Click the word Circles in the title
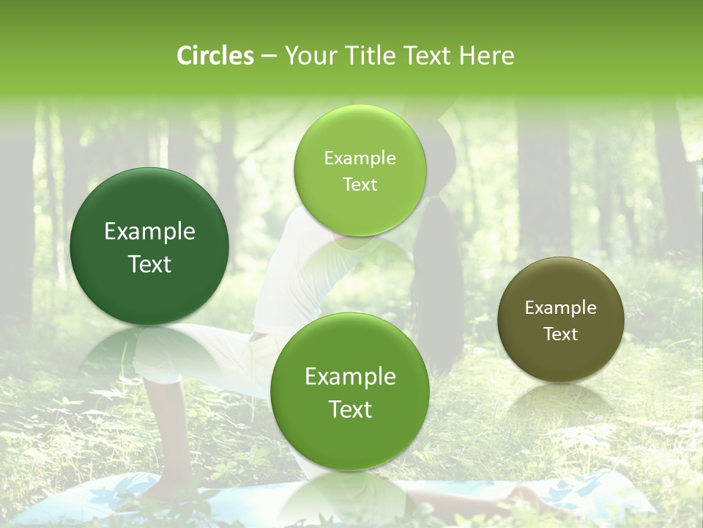pos(215,56)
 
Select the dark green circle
pos(149,246)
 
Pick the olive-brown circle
pos(561,320)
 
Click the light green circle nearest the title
pos(360,170)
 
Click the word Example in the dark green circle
pos(149,232)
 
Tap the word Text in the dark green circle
pos(149,264)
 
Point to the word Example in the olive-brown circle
pos(561,308)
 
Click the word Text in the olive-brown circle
pos(561,334)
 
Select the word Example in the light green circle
pos(360,158)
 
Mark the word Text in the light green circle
pos(360,184)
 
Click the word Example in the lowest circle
pos(350,377)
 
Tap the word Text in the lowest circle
pos(350,409)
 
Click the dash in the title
pos(269,56)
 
